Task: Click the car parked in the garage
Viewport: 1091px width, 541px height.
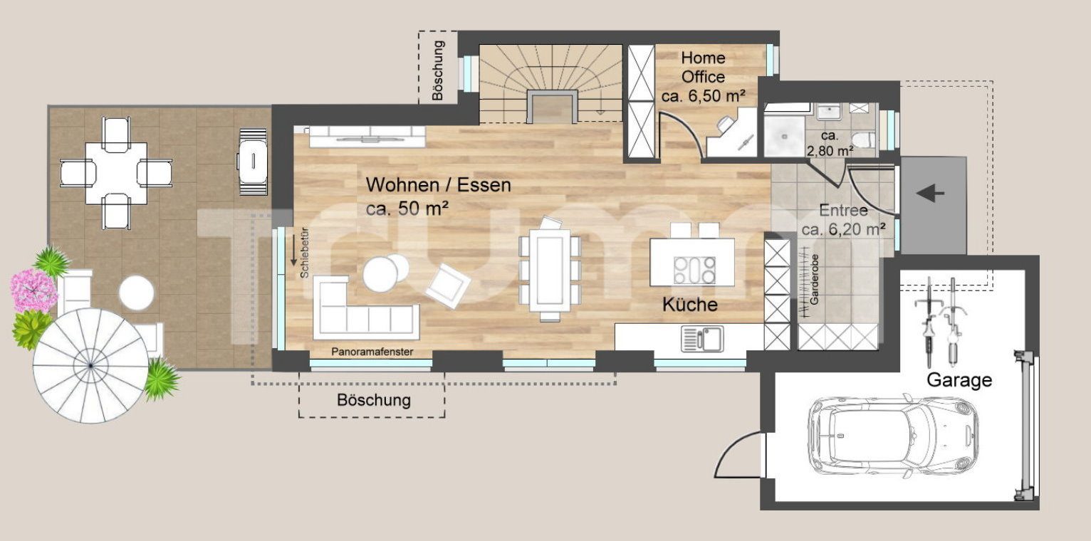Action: (892, 436)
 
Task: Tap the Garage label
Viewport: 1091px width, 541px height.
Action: (959, 380)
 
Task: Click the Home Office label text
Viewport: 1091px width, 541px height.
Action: (703, 67)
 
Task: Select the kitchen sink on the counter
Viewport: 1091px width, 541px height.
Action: (702, 338)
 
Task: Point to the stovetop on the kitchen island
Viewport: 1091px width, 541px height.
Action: (695, 270)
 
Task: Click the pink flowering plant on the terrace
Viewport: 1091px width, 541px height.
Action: (33, 290)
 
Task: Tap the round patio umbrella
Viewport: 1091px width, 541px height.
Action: (90, 365)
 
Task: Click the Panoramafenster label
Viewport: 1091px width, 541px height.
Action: (372, 352)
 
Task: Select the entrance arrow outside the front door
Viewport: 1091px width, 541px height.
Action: (930, 194)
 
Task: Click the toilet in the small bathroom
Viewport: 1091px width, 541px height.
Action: (864, 140)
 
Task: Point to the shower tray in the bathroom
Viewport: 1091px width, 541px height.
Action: (784, 137)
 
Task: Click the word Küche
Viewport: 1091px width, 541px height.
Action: (689, 305)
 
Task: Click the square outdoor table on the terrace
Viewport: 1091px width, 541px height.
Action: (116, 173)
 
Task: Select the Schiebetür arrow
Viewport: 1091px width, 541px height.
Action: (293, 251)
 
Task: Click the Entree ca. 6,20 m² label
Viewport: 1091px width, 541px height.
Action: (843, 220)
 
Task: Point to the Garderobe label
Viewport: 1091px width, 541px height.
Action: (815, 280)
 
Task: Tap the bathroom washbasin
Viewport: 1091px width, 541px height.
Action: (828, 112)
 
